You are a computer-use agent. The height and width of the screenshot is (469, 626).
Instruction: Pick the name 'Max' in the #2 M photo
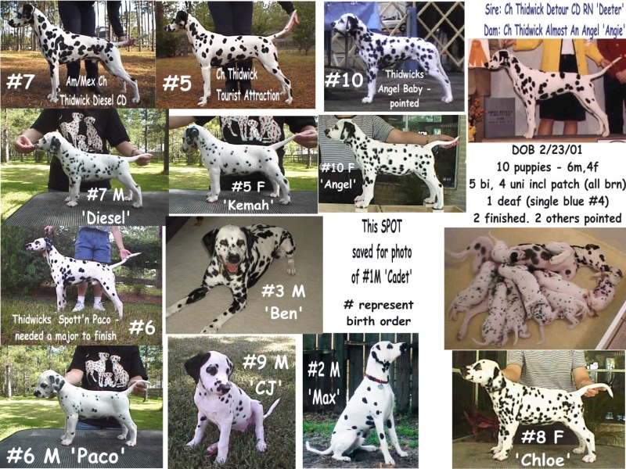[x=324, y=397]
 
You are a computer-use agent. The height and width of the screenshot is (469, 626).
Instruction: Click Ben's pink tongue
[x=231, y=267]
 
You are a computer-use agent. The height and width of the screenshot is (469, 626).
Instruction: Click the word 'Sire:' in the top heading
[x=494, y=9]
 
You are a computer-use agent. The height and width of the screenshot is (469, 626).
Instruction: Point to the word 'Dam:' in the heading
[x=492, y=30]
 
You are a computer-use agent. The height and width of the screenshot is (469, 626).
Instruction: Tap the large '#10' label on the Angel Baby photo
[x=344, y=80]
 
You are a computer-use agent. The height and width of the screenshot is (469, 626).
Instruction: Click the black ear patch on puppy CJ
[x=195, y=365]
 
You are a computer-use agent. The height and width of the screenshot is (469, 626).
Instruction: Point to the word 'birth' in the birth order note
[x=360, y=321]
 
